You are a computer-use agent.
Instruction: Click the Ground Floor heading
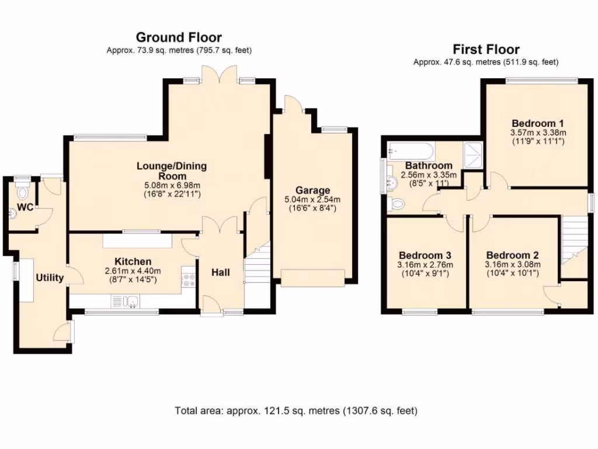(x=179, y=37)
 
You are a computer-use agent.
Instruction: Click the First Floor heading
(x=486, y=49)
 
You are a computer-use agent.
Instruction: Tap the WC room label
(x=25, y=208)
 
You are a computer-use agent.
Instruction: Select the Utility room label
(x=50, y=278)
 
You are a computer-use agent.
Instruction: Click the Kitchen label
(x=133, y=261)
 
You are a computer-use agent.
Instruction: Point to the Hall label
(x=220, y=272)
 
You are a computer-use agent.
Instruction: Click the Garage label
(x=312, y=190)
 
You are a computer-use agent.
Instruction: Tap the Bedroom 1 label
(x=537, y=123)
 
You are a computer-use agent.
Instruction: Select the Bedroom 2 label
(x=512, y=255)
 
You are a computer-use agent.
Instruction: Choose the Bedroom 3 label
(x=425, y=255)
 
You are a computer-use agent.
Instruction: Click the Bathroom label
(x=429, y=165)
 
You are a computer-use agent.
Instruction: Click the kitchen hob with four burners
(x=188, y=279)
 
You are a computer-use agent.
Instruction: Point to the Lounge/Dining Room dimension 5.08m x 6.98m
(x=171, y=185)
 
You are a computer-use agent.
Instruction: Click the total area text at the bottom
(x=296, y=410)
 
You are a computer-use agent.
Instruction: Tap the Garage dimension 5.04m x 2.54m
(x=312, y=199)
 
